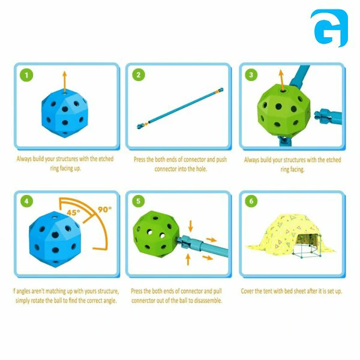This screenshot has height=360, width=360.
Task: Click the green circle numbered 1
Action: [26, 75]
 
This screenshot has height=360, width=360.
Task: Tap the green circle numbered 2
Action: [139, 74]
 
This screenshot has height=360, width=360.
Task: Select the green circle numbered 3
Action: [251, 74]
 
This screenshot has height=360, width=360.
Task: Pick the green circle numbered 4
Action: [26, 201]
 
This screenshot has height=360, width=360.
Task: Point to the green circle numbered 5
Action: [139, 201]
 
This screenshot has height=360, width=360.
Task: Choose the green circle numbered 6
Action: [251, 201]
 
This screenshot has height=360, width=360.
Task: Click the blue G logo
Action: [329, 28]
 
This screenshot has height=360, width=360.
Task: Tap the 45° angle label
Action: [73, 212]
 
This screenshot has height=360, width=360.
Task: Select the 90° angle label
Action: [104, 209]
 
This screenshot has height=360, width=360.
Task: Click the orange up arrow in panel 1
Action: [65, 82]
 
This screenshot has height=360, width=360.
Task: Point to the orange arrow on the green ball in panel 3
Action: [282, 80]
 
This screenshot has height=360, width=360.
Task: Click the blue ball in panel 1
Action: [65, 113]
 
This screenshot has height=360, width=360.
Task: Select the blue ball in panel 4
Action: [55, 239]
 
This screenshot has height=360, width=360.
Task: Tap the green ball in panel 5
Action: [156, 232]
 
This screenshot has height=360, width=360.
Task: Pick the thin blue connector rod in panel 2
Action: [180, 108]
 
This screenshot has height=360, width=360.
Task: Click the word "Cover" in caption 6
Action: [247, 291]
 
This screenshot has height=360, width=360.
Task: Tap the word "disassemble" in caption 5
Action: [208, 301]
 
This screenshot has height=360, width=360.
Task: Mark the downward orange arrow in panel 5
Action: [191, 226]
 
